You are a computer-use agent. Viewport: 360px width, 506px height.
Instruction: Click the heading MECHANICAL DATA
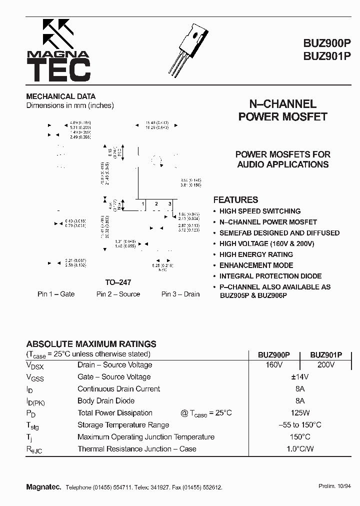tap(60, 96)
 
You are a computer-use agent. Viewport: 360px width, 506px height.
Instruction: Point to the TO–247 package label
tap(118, 282)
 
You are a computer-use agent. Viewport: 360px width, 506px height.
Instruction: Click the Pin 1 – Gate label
tap(56, 294)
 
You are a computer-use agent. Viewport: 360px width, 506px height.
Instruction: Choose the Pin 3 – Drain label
tap(180, 294)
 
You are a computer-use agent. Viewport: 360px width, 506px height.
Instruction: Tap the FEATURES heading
tap(235, 199)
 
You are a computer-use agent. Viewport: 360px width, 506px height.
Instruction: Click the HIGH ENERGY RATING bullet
tap(256, 254)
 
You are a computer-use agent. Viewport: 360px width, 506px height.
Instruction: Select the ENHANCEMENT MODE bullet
tap(256, 265)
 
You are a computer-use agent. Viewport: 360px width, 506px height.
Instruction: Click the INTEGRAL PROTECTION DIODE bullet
tap(270, 276)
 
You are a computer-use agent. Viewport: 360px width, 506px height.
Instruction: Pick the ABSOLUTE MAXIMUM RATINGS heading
tap(91, 344)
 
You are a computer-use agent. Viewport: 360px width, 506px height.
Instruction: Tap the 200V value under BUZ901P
tap(325, 365)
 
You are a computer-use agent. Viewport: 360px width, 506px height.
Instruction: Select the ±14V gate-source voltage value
tap(299, 377)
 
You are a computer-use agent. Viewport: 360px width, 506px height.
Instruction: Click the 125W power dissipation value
tap(299, 413)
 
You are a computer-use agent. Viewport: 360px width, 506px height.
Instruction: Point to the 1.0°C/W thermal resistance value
tap(299, 449)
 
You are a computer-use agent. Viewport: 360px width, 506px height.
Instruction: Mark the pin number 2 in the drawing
tap(156, 204)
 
